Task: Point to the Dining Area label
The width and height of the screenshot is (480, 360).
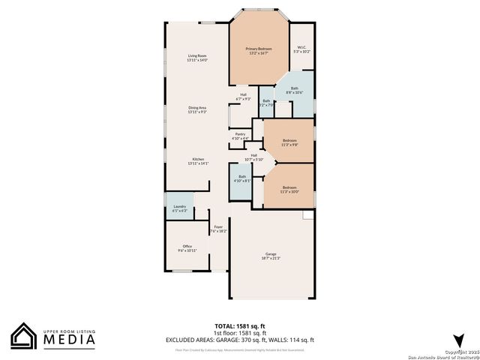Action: coord(197,109)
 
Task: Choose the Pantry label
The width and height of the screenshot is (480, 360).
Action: coord(240,136)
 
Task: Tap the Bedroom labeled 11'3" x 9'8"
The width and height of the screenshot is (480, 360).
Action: coord(289,142)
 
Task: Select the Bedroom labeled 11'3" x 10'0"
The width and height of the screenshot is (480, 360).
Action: coord(289,189)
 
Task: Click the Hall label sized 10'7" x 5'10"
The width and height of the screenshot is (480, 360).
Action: coord(254,157)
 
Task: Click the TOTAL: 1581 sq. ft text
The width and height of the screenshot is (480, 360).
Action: coord(240,325)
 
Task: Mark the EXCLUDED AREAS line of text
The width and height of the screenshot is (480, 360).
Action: coord(240,340)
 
